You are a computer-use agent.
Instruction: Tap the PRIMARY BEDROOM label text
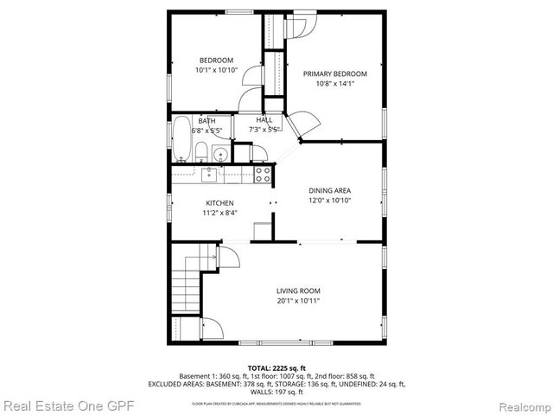(x=334, y=73)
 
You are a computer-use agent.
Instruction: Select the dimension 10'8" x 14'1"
(x=334, y=84)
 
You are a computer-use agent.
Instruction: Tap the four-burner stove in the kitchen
(x=263, y=174)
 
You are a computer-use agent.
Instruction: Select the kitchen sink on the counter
(x=209, y=175)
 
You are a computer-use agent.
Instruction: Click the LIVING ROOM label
(x=298, y=290)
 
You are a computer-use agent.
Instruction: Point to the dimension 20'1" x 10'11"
(x=298, y=301)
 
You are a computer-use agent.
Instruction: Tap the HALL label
(x=264, y=120)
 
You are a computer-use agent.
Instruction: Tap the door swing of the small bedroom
(x=251, y=77)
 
